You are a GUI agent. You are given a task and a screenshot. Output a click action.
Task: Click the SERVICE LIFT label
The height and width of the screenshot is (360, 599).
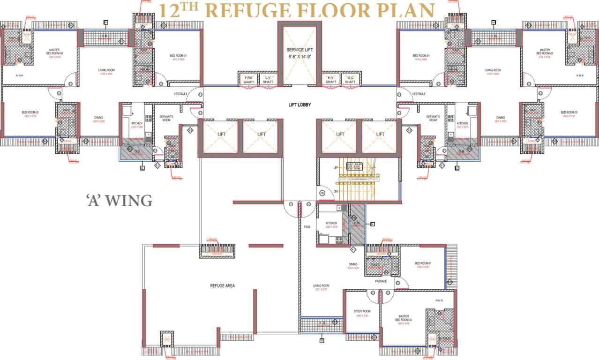click(x=299, y=50)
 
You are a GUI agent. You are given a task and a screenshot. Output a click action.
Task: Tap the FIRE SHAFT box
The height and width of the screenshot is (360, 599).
click(x=248, y=80)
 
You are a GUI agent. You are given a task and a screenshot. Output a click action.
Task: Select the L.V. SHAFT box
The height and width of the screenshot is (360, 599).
click(x=268, y=80)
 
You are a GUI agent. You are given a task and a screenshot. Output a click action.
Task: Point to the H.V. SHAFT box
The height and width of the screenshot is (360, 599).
click(x=331, y=80)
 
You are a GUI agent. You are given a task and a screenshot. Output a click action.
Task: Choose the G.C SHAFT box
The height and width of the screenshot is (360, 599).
click(x=350, y=80)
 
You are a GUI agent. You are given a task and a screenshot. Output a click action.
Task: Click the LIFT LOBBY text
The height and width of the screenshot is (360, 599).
click(x=299, y=105)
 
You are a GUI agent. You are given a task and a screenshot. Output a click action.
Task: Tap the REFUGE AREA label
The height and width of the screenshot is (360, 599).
click(x=222, y=285)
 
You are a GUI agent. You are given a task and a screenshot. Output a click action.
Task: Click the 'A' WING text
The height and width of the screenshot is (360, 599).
click(x=119, y=201)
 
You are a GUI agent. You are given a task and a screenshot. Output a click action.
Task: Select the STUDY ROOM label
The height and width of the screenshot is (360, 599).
click(x=362, y=311)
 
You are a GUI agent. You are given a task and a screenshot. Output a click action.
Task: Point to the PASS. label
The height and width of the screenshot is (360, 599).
click(x=307, y=227)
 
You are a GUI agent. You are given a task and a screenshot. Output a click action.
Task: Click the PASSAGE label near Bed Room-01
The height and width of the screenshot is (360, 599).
click(x=381, y=281)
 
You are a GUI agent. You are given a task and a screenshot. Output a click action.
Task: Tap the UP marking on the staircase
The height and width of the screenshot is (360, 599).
click(x=335, y=167)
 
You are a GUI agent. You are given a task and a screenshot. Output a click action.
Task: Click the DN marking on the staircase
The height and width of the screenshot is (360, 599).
click(x=335, y=191)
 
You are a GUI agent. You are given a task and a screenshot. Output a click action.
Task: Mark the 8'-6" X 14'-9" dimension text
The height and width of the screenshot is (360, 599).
click(x=299, y=56)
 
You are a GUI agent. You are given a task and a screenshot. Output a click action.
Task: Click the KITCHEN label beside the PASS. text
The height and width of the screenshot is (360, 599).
click(x=331, y=224)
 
